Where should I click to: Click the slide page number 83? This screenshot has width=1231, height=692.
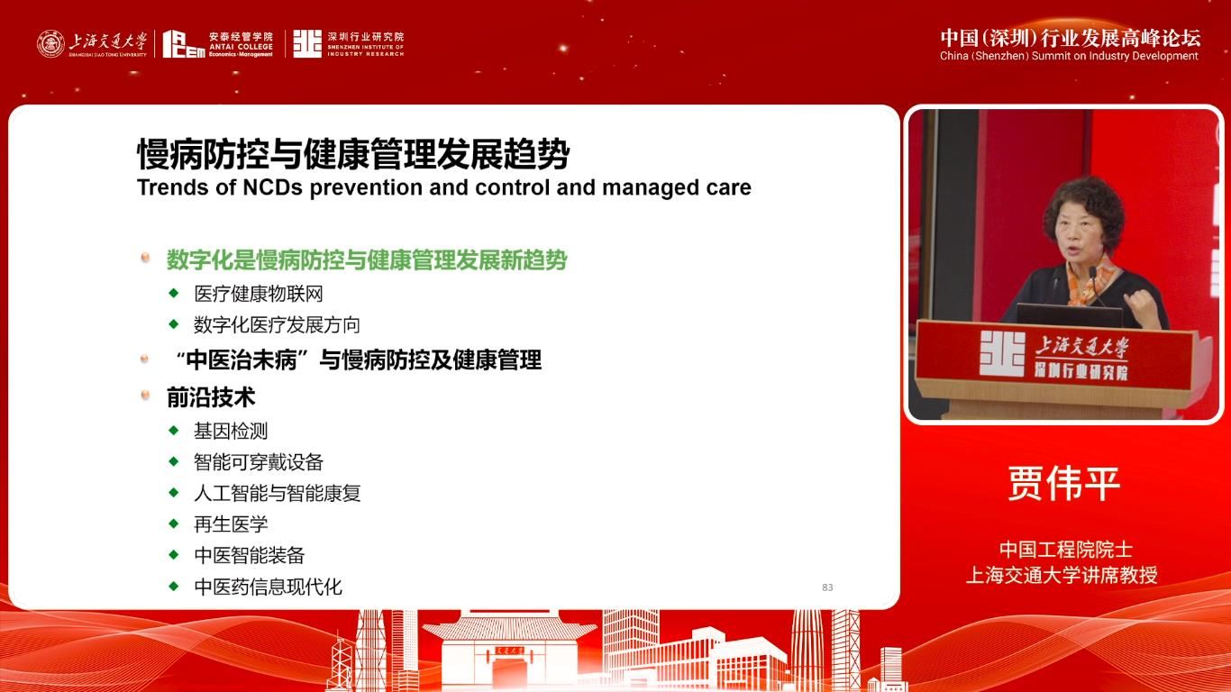click(x=827, y=587)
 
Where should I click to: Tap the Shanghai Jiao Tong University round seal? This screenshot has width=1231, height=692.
click(x=50, y=44)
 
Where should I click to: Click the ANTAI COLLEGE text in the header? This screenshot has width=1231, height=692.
click(x=241, y=47)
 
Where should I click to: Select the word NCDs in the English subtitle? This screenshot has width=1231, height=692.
click(x=272, y=187)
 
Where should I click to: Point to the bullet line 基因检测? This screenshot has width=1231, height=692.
click(x=231, y=432)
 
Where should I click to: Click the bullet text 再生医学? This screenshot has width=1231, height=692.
click(x=231, y=524)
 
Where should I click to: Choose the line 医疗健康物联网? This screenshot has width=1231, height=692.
click(x=259, y=294)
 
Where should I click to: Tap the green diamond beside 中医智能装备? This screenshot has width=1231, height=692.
click(x=174, y=554)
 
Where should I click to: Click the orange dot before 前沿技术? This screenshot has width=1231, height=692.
click(x=145, y=394)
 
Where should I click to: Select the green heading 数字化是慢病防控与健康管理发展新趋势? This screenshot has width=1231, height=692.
click(x=367, y=260)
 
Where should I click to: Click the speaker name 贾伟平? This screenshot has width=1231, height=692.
click(x=1064, y=484)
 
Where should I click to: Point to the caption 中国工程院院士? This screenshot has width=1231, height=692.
click(x=1065, y=550)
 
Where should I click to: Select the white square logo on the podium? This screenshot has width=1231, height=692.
click(x=1002, y=353)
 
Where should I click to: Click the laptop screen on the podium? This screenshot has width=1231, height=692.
click(x=1069, y=316)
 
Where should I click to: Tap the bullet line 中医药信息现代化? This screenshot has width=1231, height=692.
click(x=268, y=587)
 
